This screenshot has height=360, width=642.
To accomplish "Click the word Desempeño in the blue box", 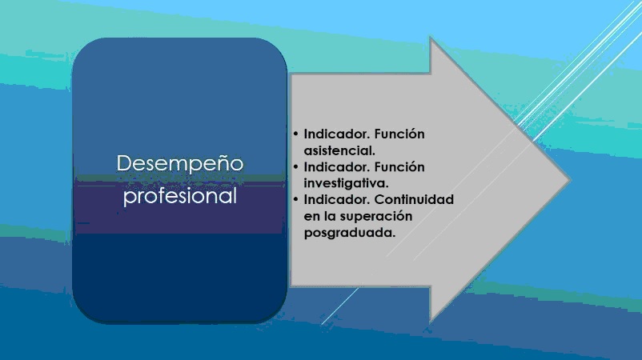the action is [x=180, y=163].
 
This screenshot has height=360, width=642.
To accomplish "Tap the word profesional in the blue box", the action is [x=180, y=196].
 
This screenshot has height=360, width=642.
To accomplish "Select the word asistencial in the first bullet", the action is [x=339, y=150].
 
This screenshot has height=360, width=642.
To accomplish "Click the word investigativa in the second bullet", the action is [x=347, y=183].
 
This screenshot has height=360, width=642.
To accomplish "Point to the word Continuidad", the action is [x=414, y=199].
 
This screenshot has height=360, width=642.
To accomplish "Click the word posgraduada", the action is [x=350, y=233].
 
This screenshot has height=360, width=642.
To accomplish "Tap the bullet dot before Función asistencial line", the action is [x=295, y=134].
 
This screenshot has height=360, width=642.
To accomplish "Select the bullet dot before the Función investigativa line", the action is [x=295, y=167].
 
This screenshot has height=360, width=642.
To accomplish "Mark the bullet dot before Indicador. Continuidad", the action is [x=295, y=199].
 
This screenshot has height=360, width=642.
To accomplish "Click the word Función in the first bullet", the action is [x=399, y=134].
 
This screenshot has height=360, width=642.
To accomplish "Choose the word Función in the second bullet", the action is [x=399, y=167].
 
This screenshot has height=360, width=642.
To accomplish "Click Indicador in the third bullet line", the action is [x=337, y=199].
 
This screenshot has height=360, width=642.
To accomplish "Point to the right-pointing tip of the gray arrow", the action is [x=569, y=178].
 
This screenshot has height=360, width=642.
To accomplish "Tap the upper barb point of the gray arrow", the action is [x=431, y=38].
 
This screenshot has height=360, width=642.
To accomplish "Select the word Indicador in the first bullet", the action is [x=337, y=134].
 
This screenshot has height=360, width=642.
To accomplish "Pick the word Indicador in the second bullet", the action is [x=337, y=167].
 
